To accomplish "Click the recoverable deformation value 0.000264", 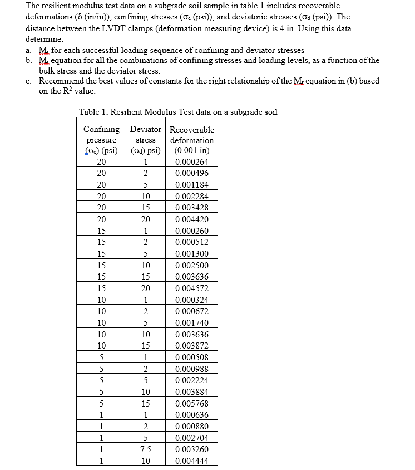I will pos(192,161).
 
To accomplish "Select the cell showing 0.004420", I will pos(192,219).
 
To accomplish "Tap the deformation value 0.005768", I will pos(192,403).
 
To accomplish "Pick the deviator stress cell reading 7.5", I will pos(145,449).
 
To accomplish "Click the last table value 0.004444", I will pos(192,461).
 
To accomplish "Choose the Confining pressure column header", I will pos(101,140).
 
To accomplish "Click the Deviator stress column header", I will pos(145,140).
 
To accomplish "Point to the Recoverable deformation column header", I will pos(192,140).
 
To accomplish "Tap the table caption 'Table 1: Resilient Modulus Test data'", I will pos(178,112).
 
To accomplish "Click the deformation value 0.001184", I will pos(192,184).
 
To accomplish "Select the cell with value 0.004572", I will pos(192,288).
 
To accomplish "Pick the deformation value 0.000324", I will pos(192,300).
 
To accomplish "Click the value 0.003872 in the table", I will pos(192,346).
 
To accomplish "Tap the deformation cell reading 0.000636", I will pos(192,415).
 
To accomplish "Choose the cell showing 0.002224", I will pos(192,380).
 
